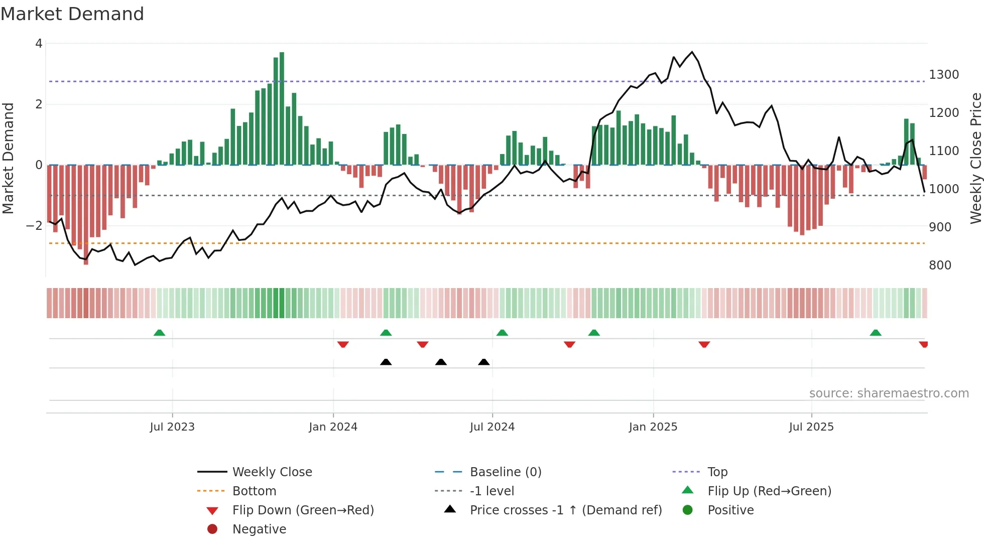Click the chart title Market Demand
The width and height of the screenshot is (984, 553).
[72, 14]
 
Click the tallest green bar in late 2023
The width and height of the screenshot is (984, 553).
[282, 108]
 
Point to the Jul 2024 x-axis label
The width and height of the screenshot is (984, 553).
[492, 427]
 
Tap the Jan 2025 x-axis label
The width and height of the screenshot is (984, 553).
[653, 427]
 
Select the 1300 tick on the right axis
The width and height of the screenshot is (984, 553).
[944, 75]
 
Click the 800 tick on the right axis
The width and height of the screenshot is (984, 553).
[940, 265]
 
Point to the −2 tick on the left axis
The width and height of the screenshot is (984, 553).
[35, 226]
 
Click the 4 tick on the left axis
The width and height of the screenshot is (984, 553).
[39, 44]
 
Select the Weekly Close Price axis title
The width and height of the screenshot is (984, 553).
[975, 158]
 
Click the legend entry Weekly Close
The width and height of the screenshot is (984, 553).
[272, 472]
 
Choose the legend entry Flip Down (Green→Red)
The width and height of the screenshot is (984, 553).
[303, 510]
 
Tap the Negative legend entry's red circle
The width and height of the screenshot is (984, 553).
[212, 529]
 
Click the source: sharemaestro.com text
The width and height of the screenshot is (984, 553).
[889, 393]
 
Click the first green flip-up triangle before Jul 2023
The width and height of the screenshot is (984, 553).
[159, 333]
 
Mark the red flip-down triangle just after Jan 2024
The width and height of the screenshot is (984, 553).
[343, 344]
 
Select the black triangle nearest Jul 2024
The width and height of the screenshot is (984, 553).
[484, 362]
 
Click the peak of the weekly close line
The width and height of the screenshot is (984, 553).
[692, 52]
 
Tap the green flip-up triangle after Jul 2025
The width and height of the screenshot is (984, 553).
[876, 333]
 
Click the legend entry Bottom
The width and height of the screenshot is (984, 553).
[254, 491]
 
